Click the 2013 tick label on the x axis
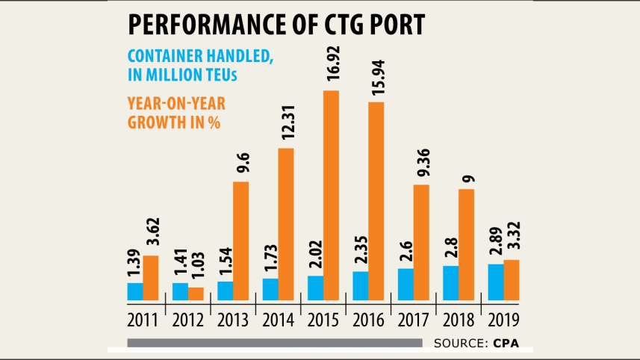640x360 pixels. point(233,321)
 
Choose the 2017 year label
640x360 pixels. point(413,321)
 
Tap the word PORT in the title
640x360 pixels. point(398,25)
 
